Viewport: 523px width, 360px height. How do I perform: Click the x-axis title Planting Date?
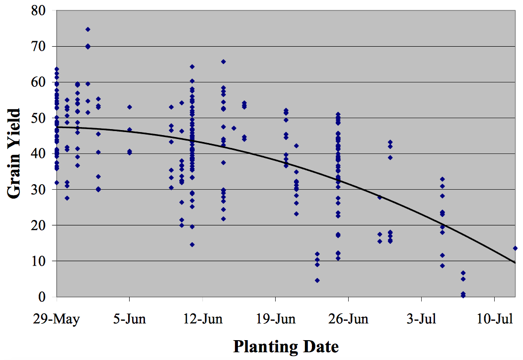click(286, 346)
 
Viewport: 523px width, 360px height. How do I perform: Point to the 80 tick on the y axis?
click(40, 10)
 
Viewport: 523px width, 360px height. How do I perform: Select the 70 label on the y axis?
click(40, 46)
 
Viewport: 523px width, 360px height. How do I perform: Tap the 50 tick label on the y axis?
click(40, 118)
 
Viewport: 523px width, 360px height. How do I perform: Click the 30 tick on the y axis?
click(40, 190)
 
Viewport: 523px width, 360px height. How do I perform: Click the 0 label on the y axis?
click(44, 297)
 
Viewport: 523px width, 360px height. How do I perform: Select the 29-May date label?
click(57, 318)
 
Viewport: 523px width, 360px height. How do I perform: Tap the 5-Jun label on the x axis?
click(130, 318)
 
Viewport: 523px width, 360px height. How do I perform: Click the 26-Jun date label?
click(349, 318)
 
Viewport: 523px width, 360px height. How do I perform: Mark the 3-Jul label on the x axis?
click(422, 318)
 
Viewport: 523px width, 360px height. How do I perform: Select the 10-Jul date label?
click(495, 318)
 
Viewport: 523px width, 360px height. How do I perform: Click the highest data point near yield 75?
click(88, 29)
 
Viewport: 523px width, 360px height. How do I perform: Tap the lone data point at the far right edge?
click(515, 248)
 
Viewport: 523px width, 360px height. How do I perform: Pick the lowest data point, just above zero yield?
click(463, 295)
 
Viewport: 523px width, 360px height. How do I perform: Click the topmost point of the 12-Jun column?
click(192, 67)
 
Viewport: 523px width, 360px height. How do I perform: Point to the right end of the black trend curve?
click(516, 263)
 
